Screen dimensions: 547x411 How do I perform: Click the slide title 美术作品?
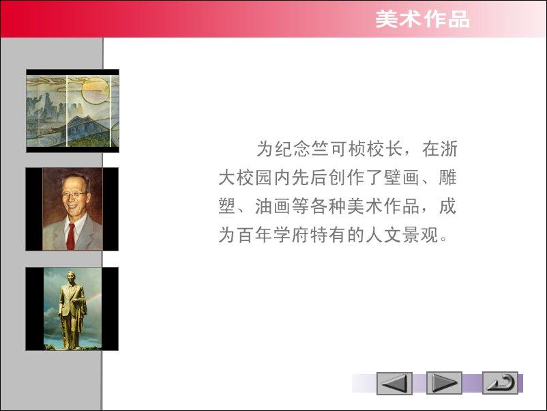tap(422, 19)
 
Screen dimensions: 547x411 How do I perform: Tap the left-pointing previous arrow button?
tap(394, 384)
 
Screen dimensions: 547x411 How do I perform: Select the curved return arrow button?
tap(500, 383)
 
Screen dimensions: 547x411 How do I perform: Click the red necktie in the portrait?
tap(71, 236)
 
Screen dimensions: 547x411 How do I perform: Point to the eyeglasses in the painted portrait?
tap(74, 193)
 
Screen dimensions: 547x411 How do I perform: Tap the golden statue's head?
tap(71, 276)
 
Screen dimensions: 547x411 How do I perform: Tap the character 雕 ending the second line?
tap(447, 178)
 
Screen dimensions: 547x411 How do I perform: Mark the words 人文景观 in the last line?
tap(402, 234)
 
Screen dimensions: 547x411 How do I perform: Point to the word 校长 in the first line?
tap(384, 149)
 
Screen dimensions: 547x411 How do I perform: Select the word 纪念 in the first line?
tap(293, 149)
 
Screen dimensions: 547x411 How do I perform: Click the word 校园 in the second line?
tap(254, 178)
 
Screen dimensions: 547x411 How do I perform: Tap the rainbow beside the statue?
tap(93, 301)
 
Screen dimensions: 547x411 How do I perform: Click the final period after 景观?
tap(443, 239)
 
